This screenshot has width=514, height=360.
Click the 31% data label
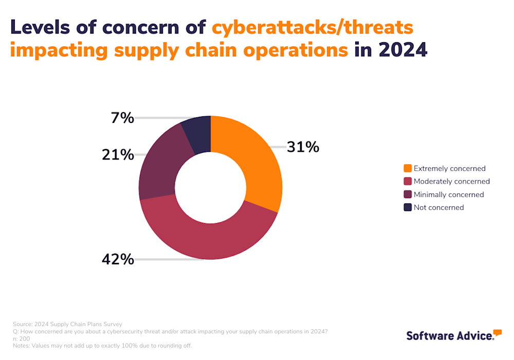tap(303, 147)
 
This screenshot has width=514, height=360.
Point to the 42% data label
tap(118, 259)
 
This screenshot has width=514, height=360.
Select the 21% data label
tap(118, 154)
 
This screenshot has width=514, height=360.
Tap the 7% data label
tap(122, 118)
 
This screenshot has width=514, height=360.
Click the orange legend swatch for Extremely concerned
tap(408, 168)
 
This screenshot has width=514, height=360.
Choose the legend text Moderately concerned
tap(451, 182)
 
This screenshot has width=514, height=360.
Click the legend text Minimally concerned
tap(448, 194)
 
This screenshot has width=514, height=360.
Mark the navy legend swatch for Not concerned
tap(408, 207)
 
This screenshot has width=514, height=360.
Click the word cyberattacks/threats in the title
tap(313, 27)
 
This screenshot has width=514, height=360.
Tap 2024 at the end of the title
tap(402, 50)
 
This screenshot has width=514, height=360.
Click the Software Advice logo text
tap(450, 336)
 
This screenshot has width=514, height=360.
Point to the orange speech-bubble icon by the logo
tap(497, 332)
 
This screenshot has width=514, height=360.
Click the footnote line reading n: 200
tap(21, 338)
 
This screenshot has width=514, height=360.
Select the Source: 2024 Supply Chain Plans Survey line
tap(67, 324)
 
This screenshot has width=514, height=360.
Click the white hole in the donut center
tap(211, 187)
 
